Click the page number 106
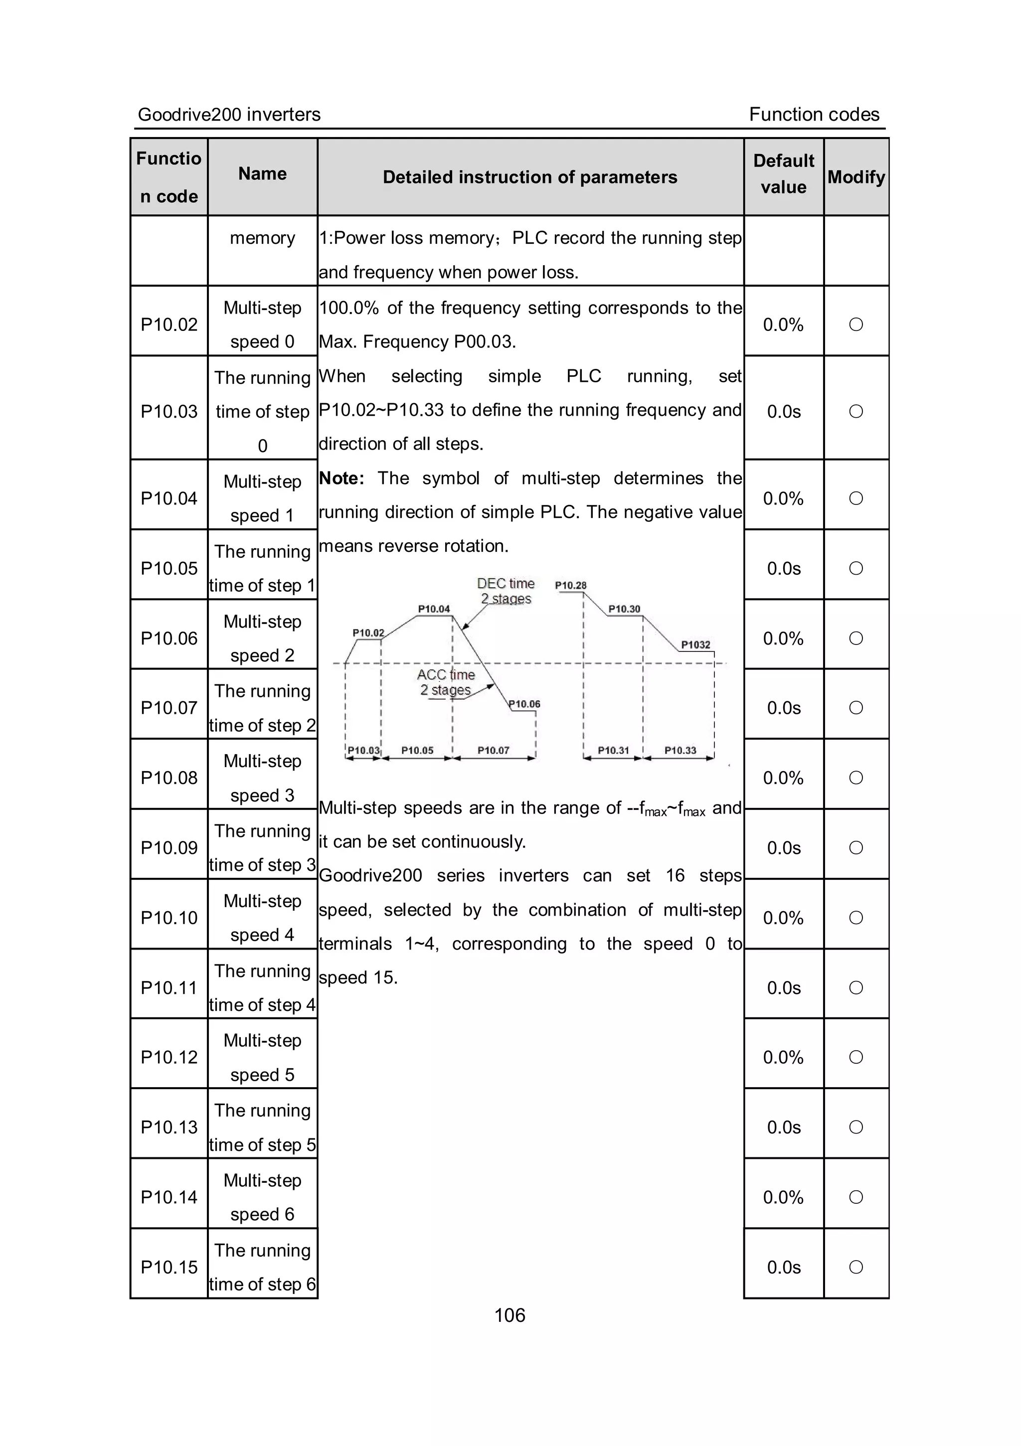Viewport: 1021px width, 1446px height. [x=510, y=1315]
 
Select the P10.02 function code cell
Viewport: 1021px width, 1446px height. [x=169, y=324]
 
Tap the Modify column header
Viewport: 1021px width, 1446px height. [x=856, y=177]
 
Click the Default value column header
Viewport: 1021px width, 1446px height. [x=784, y=174]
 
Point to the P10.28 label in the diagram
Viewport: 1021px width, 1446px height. [x=571, y=586]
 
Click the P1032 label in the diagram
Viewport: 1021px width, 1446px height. [x=695, y=645]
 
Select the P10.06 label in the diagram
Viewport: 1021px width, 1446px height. [x=524, y=704]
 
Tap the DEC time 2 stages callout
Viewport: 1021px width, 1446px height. [x=506, y=591]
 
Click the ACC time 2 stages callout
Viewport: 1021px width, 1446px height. [x=446, y=682]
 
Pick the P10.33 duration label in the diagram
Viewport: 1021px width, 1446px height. [x=680, y=750]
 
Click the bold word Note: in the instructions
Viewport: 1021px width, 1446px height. [x=341, y=478]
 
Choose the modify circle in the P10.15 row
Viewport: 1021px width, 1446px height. [x=856, y=1267]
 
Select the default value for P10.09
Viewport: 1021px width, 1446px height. [x=784, y=848]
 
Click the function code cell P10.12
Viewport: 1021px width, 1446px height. [x=169, y=1057]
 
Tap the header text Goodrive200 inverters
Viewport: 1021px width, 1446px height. [x=229, y=115]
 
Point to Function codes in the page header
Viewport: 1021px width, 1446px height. [x=814, y=115]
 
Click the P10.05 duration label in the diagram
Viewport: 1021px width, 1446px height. [x=417, y=750]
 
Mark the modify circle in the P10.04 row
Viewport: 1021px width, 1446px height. [x=856, y=498]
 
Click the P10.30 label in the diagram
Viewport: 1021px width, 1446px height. [x=624, y=609]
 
